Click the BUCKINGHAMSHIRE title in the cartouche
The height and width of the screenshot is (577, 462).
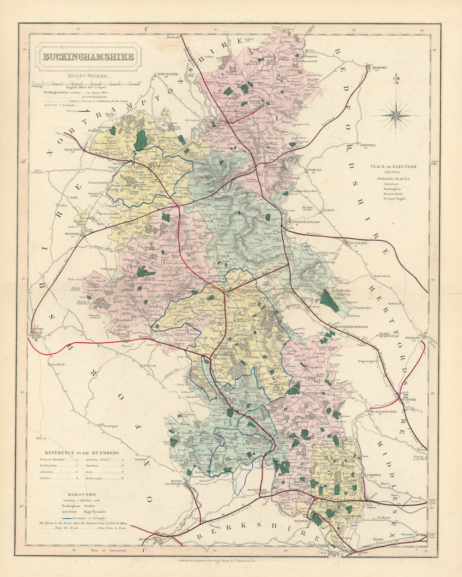pos(88,57)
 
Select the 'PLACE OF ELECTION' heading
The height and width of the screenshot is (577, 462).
pos(393,166)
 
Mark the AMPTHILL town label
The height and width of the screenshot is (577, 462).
pos(368,145)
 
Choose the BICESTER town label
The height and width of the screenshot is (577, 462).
pos(73,234)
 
